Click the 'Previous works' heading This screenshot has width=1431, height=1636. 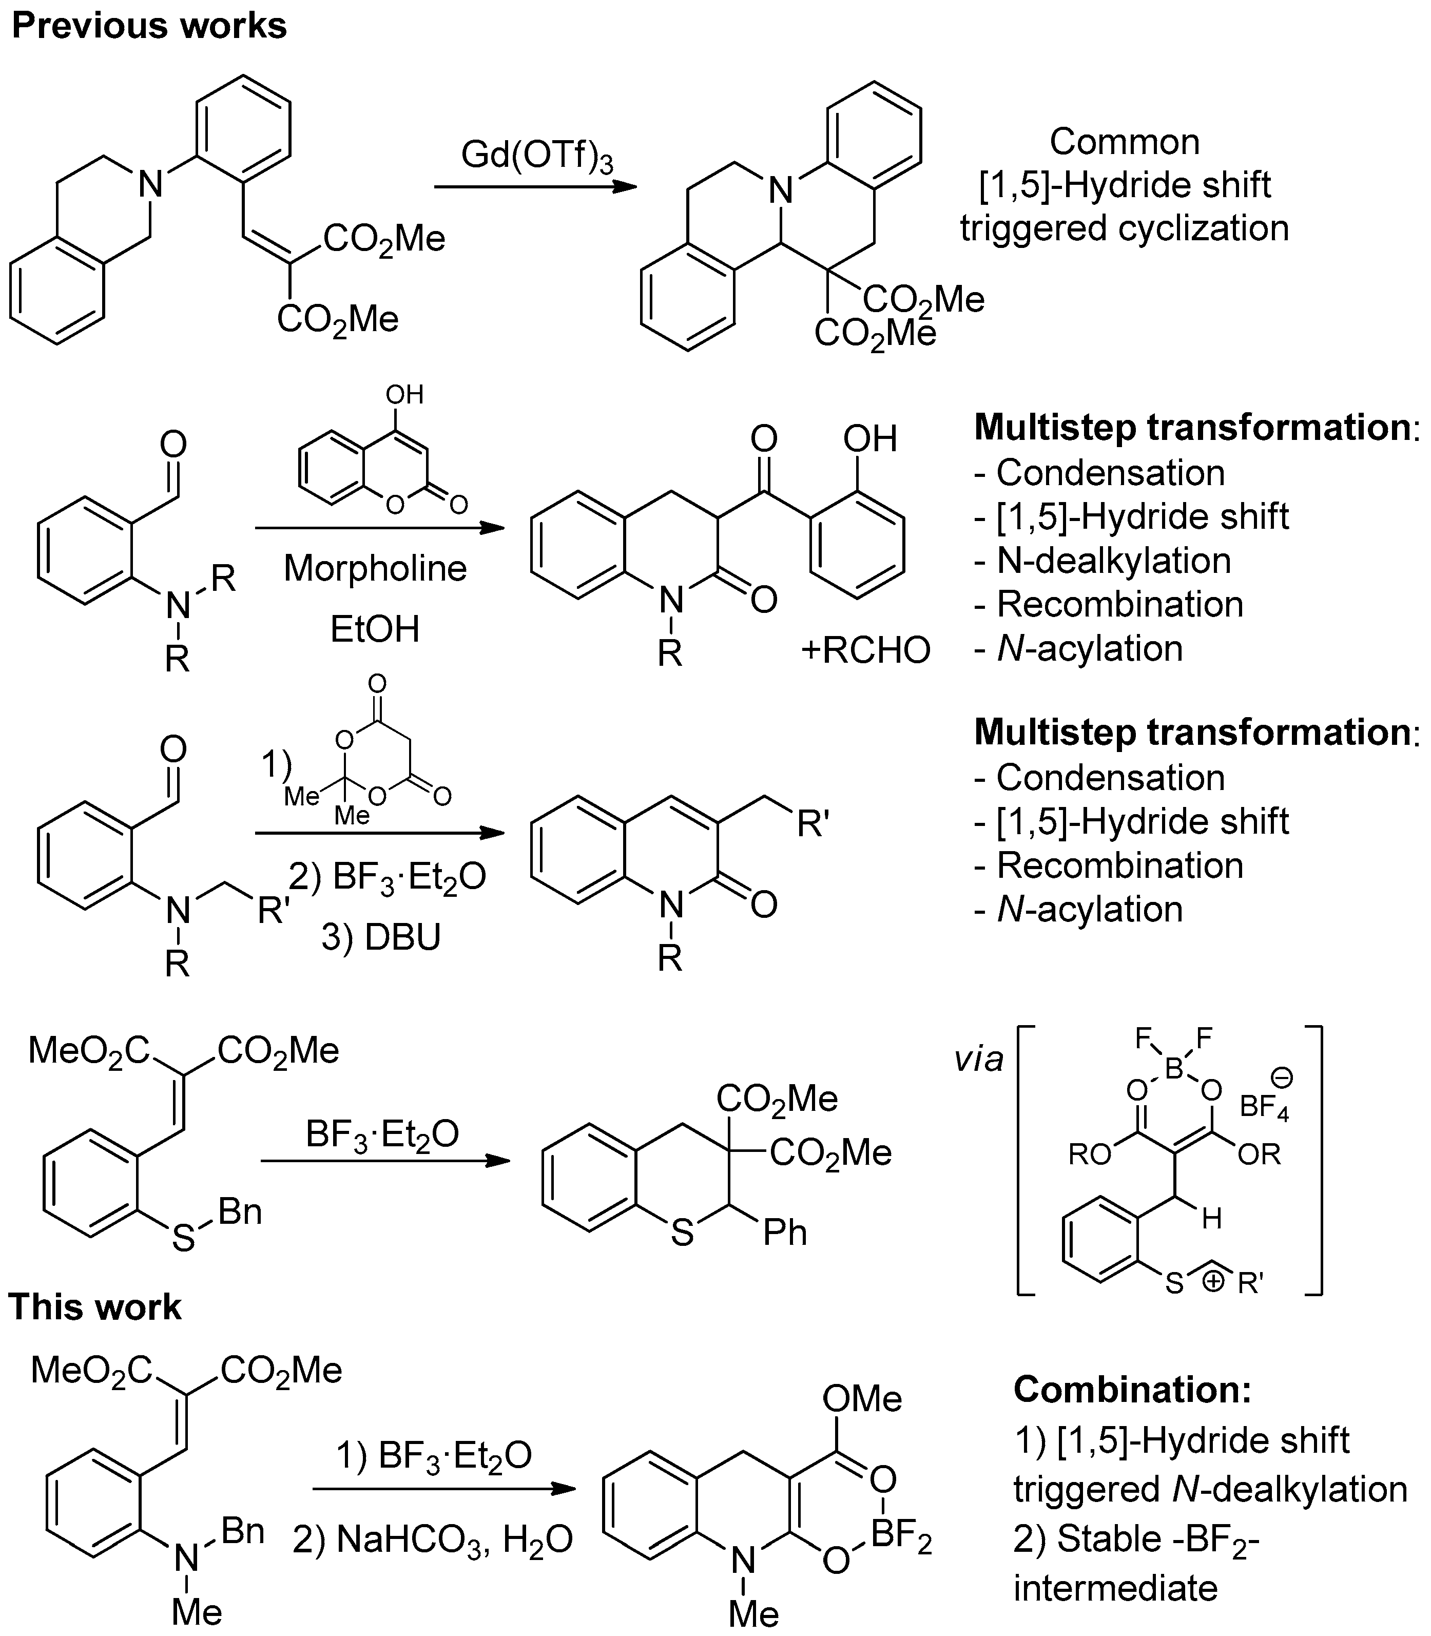pos(149,26)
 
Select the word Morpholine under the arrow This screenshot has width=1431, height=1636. pos(375,568)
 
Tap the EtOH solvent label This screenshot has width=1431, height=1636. pos(375,629)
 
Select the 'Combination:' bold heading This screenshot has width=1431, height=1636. pos(1132,1390)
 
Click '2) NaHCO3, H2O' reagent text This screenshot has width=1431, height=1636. pos(433,1539)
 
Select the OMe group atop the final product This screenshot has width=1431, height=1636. pos(862,1398)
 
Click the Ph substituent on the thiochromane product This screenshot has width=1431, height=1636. pos(785,1233)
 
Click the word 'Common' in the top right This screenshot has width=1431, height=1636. pos(1125,142)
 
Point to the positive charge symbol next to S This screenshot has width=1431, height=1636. pos(1212,1281)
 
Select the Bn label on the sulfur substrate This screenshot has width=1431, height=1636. pos(240,1212)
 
